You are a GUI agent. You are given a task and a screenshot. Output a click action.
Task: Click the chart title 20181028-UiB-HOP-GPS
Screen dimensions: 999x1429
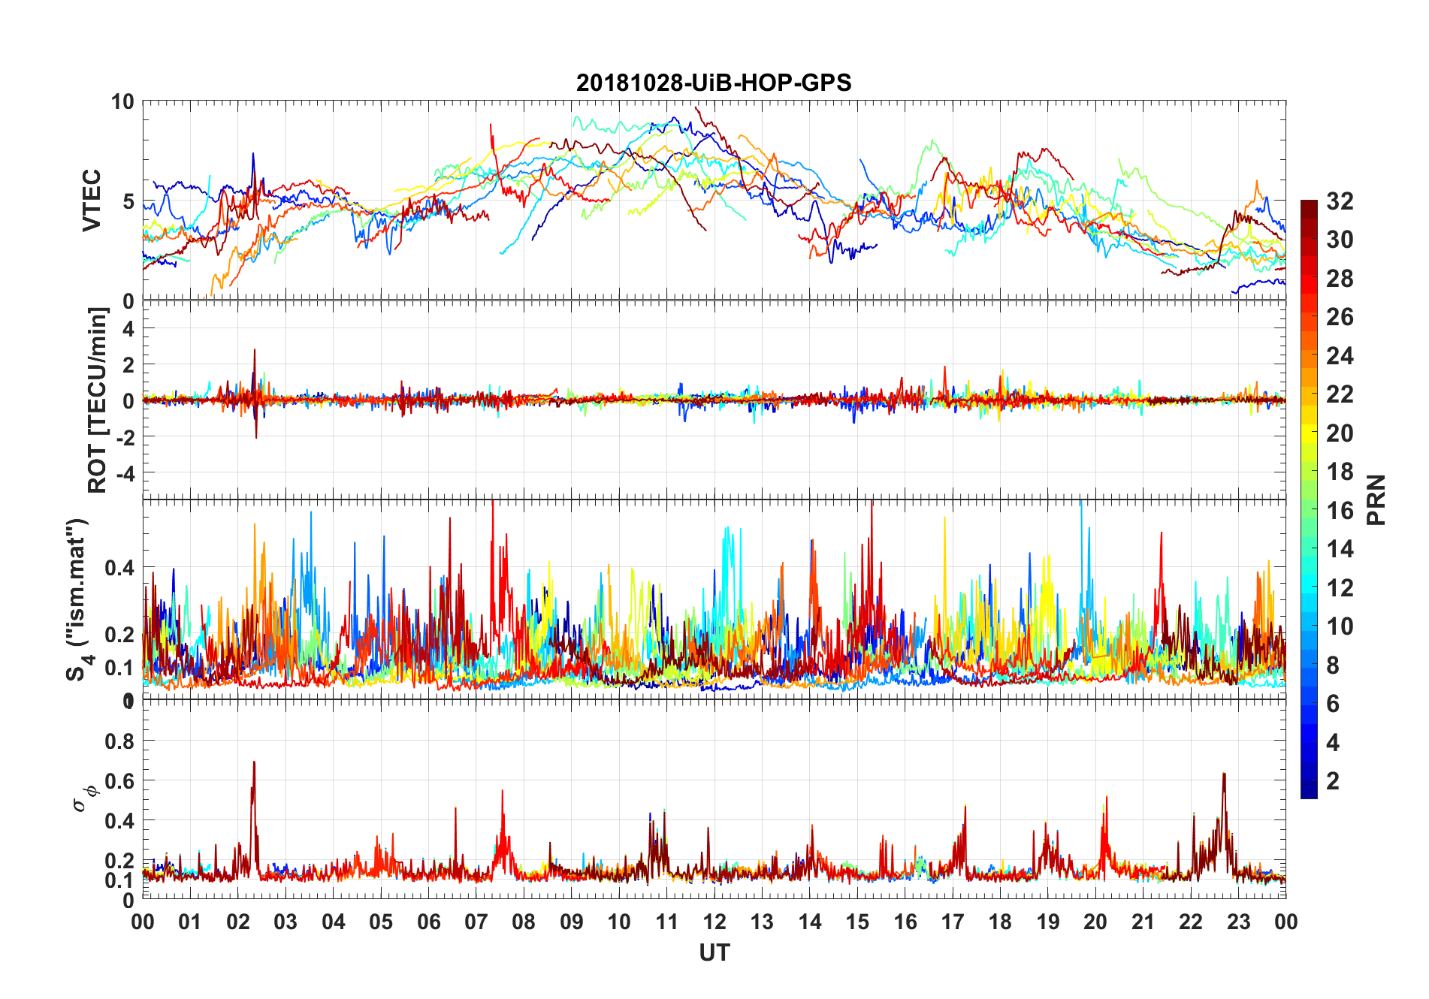tap(714, 83)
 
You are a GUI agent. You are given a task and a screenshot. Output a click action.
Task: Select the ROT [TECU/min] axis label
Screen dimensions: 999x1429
tap(98, 400)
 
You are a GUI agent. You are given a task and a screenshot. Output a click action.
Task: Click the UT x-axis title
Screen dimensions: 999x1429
tap(714, 953)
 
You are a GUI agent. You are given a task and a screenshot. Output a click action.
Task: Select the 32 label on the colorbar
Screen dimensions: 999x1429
tap(1340, 201)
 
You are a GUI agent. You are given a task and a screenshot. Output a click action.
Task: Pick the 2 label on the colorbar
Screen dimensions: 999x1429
tap(1333, 781)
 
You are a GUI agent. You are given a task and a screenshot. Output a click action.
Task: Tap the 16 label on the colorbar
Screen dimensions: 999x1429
tap(1340, 511)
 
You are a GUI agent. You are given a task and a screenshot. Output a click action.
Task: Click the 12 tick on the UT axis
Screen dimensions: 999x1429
tap(714, 922)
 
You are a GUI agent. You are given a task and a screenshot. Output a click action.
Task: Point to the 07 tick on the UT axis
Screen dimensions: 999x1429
tap(476, 922)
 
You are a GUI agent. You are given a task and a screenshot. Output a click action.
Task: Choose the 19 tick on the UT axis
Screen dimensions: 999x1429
tap(1048, 922)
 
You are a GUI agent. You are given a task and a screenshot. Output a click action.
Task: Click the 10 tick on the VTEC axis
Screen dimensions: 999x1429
tap(122, 102)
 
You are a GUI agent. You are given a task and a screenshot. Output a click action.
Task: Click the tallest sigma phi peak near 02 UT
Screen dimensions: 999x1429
tap(254, 762)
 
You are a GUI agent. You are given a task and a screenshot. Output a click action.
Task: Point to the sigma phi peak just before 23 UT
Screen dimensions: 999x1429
tap(1224, 774)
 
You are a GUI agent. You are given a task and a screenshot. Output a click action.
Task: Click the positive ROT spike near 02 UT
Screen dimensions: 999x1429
tap(255, 350)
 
